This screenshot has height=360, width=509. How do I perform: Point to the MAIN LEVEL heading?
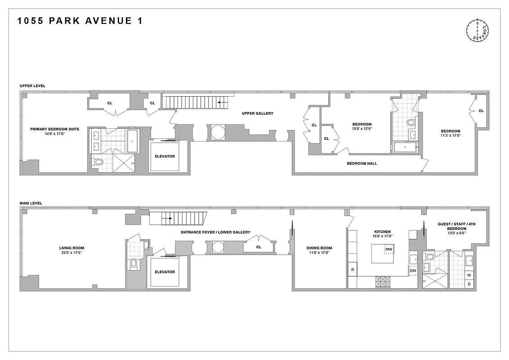point(31,203)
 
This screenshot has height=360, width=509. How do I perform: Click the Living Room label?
point(71,248)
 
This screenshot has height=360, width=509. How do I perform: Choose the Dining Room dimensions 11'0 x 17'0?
point(319,253)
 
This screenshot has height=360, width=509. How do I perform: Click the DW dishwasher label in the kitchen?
point(413,270)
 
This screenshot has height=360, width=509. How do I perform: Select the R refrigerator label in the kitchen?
point(352,269)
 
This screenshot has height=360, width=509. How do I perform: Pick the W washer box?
point(469,275)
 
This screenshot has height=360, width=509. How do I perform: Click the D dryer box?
point(469,284)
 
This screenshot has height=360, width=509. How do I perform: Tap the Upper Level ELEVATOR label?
point(165,156)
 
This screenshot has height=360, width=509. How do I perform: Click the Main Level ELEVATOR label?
point(165,272)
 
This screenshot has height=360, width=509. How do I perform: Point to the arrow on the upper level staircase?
point(222,103)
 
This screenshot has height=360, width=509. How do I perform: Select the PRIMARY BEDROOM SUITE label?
point(55,129)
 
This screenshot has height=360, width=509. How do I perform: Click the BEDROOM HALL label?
point(362,163)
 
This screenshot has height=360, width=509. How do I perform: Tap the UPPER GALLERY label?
point(258,113)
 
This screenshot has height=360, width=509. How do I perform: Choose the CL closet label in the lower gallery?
point(259,247)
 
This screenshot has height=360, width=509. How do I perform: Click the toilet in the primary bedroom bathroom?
point(98,162)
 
